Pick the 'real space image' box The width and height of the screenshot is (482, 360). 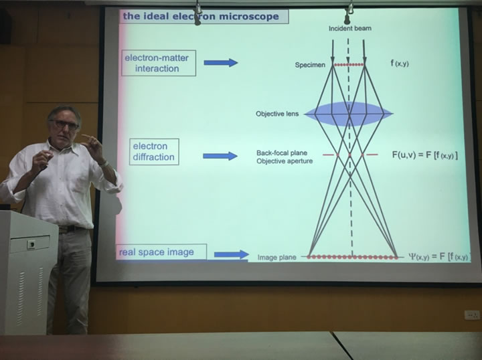[x=161, y=252]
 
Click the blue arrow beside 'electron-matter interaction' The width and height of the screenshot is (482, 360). [x=220, y=63]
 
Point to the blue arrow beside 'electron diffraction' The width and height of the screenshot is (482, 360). [x=220, y=156]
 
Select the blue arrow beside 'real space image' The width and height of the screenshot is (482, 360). [x=231, y=254]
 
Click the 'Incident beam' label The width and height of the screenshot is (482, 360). [x=349, y=29]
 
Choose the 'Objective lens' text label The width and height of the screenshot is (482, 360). [x=276, y=114]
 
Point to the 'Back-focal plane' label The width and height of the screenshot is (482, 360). [x=282, y=153]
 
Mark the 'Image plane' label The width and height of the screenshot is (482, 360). [x=277, y=257]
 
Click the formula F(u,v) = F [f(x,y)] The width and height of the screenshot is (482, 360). [x=424, y=155]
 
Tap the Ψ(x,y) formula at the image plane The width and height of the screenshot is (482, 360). [x=438, y=256]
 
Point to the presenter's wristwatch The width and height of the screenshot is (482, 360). [x=102, y=163]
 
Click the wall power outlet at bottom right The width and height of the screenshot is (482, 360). [x=472, y=314]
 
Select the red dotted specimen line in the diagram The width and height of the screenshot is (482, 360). [x=349, y=65]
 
